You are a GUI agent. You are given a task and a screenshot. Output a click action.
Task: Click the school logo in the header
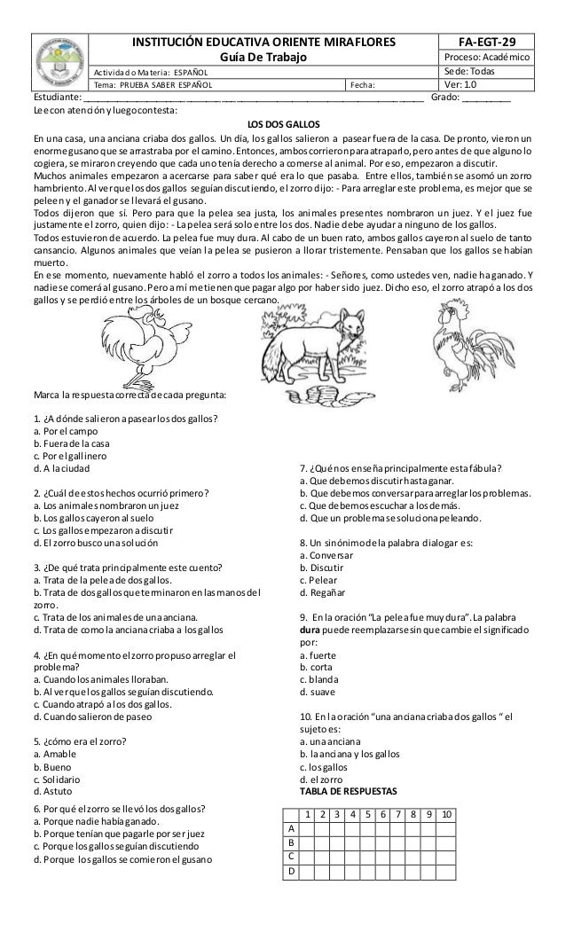click(61, 62)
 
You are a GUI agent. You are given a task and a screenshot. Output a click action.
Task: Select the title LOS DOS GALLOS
click(283, 123)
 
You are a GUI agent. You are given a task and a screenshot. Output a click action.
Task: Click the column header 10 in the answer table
click(444, 814)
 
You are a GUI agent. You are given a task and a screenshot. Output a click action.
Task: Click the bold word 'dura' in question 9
click(312, 630)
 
